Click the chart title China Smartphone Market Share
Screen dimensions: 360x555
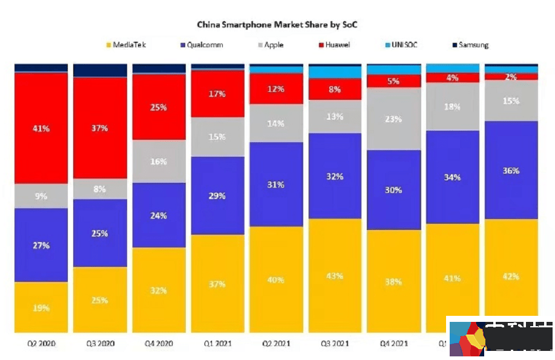pos(278,25)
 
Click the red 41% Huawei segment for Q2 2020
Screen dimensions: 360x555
pos(41,128)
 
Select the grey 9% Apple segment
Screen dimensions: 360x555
pos(41,196)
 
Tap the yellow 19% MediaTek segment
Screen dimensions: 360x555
pos(41,307)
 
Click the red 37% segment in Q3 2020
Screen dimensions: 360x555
pos(100,128)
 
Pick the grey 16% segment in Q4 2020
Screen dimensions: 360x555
pos(159,162)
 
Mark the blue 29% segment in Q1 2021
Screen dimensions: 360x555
pos(218,196)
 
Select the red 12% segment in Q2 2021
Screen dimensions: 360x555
pos(277,89)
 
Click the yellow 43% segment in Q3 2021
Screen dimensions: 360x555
pos(335,276)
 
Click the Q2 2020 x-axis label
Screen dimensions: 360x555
pos(41,344)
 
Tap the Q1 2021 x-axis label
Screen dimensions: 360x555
pos(218,344)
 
